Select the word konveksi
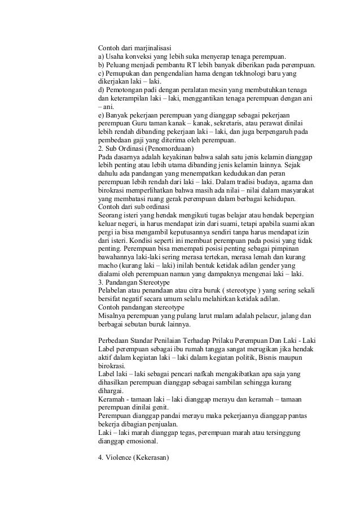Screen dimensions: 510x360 [x=139, y=56]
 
